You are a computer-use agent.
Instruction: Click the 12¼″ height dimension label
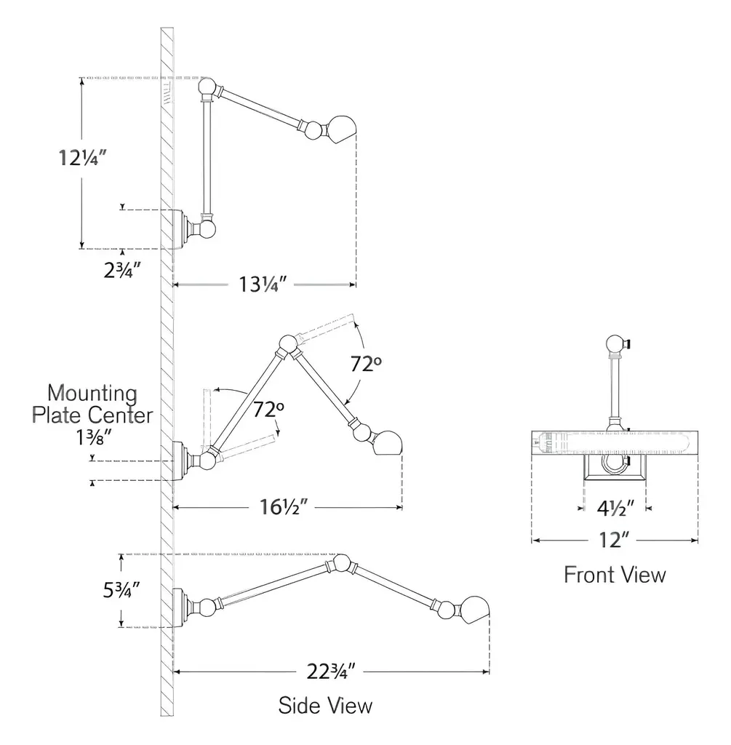[x=82, y=158]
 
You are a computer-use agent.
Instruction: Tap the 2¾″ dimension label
[x=122, y=271]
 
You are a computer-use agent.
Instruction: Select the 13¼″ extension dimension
[x=263, y=284]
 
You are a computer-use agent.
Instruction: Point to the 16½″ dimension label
[x=284, y=507]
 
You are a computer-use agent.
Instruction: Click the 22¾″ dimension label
[x=331, y=672]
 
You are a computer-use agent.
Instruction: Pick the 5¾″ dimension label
[x=121, y=590]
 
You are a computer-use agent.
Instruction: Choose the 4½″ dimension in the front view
[x=615, y=509]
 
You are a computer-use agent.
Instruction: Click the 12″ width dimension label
[x=614, y=541]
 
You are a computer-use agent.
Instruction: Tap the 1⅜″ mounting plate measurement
[x=94, y=437]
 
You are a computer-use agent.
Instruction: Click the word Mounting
[x=92, y=394]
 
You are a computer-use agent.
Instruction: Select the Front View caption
[x=615, y=575]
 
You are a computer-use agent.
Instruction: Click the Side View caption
[x=325, y=706]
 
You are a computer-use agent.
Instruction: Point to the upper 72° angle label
[x=366, y=364]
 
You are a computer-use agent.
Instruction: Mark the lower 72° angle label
[x=268, y=409]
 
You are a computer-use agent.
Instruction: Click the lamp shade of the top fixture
[x=342, y=129]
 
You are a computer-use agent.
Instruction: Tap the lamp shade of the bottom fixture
[x=474, y=611]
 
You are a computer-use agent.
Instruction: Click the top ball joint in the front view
[x=615, y=344]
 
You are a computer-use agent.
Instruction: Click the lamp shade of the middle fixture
[x=388, y=443]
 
